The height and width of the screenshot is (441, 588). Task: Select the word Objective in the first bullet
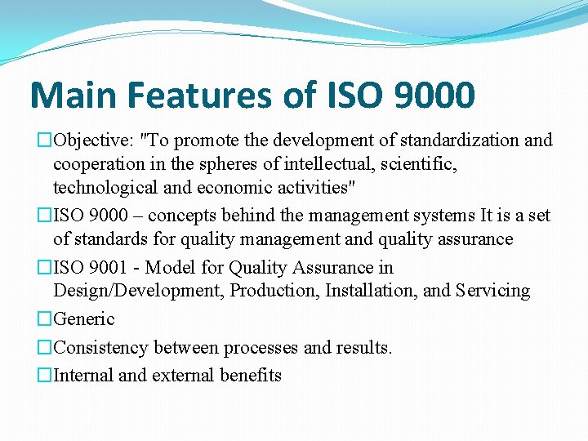pyautogui.click(x=87, y=140)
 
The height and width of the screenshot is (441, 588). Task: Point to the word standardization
pyautogui.click(x=461, y=140)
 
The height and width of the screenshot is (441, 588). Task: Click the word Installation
pyautogui.click(x=374, y=291)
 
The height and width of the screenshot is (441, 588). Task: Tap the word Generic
pyautogui.click(x=84, y=319)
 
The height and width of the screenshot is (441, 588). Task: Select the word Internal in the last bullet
pyautogui.click(x=83, y=376)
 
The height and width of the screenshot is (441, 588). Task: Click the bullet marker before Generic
pyautogui.click(x=45, y=319)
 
